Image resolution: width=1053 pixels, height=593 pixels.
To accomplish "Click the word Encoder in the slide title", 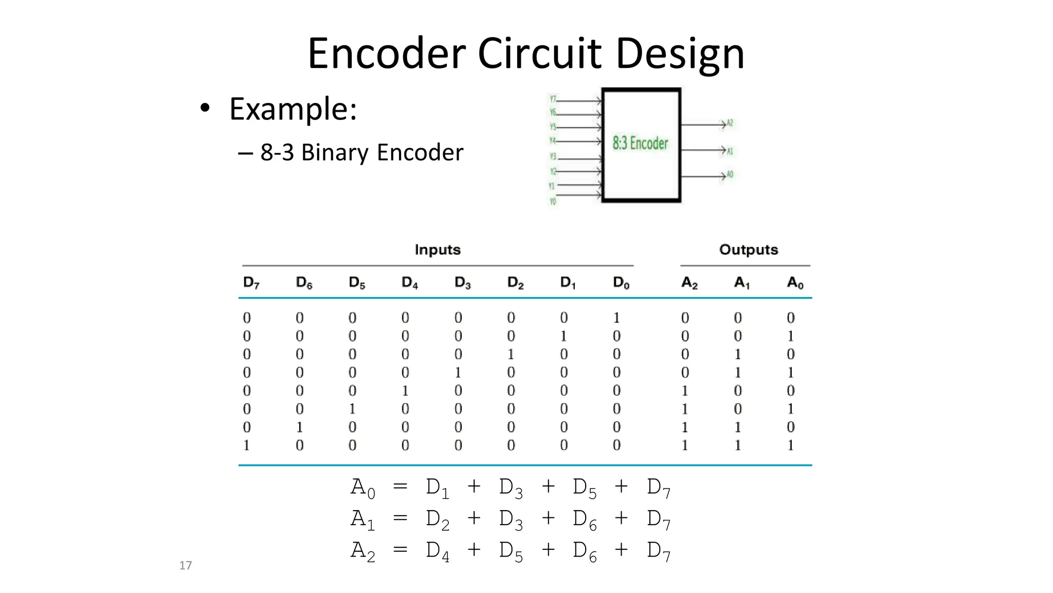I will click(387, 54).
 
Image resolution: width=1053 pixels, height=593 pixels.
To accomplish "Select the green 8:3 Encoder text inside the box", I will click(640, 143).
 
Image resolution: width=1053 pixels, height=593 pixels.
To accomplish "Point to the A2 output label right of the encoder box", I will click(730, 124).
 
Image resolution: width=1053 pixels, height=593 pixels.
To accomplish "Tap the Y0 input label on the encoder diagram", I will click(553, 202).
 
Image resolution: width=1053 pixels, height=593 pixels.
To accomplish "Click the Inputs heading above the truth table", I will click(438, 250).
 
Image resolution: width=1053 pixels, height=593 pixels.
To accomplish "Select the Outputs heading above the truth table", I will click(748, 250).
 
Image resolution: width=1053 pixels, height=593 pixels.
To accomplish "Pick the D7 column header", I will click(251, 283).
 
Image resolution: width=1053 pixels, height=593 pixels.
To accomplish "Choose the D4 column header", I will click(409, 283).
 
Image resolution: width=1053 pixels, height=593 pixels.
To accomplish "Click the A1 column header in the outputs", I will click(741, 283).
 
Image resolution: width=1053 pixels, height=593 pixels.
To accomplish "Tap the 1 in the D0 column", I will click(616, 318).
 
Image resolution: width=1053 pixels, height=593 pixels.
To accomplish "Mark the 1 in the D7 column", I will click(246, 445).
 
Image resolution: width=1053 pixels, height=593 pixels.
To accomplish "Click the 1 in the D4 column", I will click(405, 391).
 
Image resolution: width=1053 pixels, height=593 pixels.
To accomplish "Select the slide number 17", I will click(185, 565).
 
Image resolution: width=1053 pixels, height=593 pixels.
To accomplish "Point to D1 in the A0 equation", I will click(437, 487).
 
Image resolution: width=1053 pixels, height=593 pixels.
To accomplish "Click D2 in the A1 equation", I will click(437, 519).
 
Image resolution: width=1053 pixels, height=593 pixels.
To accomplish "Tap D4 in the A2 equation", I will click(437, 551).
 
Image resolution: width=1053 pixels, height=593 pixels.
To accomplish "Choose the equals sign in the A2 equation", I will click(400, 550).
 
